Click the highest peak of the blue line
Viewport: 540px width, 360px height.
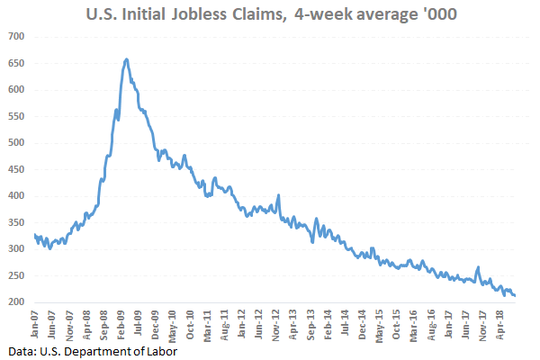[x=127, y=59]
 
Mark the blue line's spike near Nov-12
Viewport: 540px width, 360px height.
[x=279, y=195]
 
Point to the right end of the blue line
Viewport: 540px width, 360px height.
[x=515, y=295]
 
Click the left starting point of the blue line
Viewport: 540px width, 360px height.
[x=34, y=235]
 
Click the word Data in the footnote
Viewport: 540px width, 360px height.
[x=19, y=350]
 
